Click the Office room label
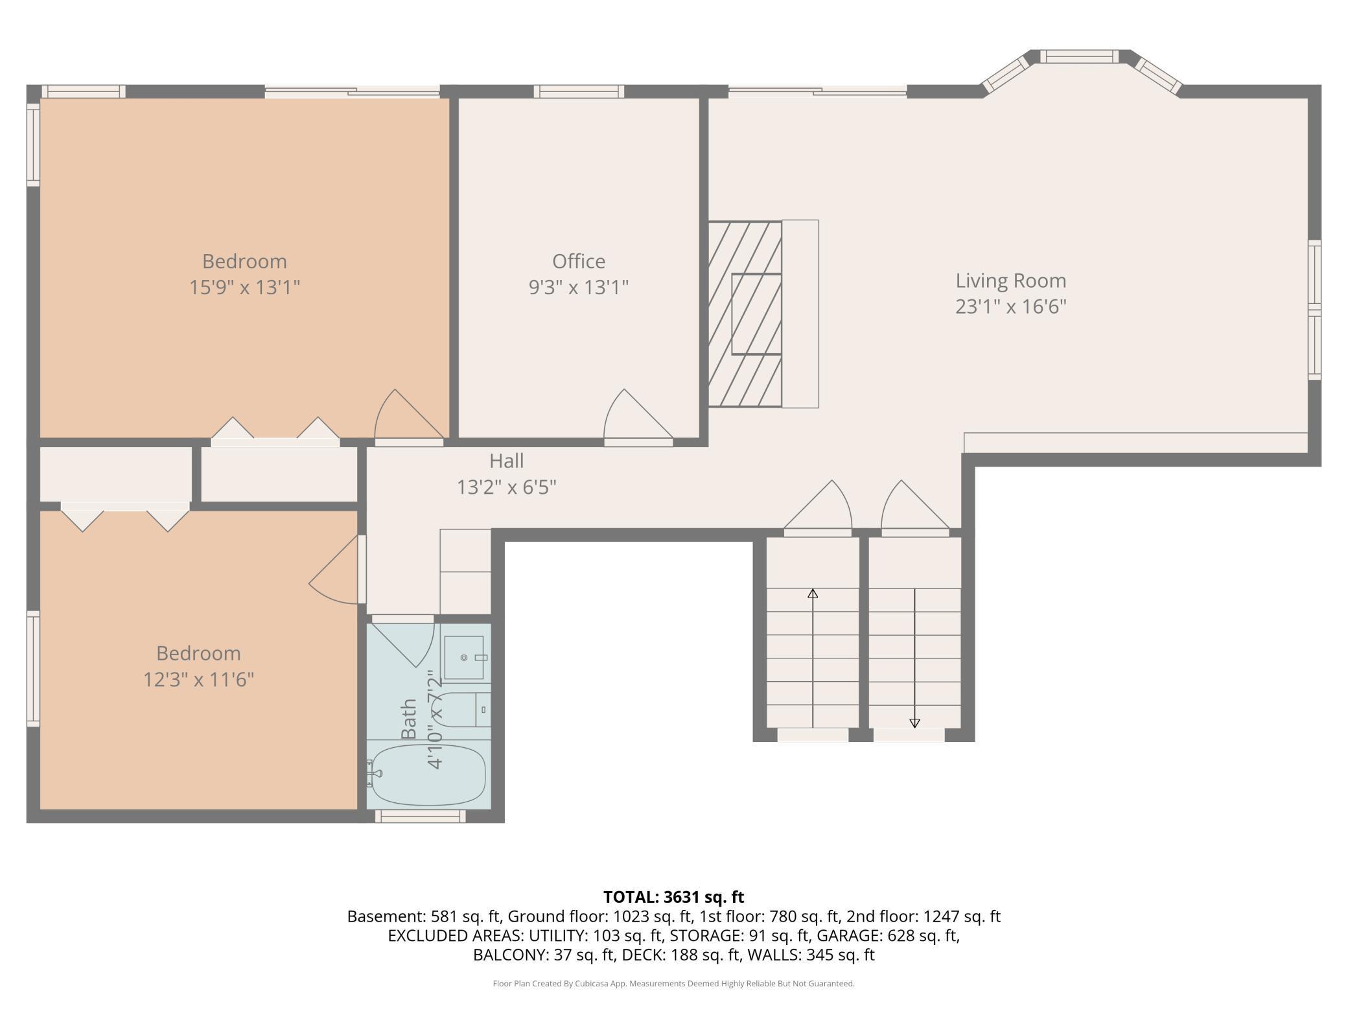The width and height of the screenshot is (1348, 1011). click(x=579, y=261)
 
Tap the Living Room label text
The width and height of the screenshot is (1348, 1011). click(x=1010, y=281)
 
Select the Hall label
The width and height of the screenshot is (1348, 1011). click(x=506, y=461)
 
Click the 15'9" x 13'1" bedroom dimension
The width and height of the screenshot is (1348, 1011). click(x=244, y=287)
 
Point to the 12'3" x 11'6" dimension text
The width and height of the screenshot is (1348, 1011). click(x=198, y=679)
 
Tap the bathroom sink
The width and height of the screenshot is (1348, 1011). click(x=464, y=658)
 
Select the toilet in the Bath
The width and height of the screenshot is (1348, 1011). click(x=461, y=709)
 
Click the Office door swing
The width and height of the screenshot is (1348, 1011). click(x=638, y=415)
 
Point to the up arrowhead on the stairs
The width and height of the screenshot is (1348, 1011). click(x=813, y=593)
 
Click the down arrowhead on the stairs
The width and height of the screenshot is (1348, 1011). click(x=914, y=723)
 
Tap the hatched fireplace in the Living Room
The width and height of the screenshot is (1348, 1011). click(x=745, y=314)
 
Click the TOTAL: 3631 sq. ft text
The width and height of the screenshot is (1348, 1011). click(x=673, y=897)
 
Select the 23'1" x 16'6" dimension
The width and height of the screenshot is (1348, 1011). click(x=1010, y=307)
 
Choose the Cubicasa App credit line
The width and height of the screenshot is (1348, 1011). click(x=673, y=984)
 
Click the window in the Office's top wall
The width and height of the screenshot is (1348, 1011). click(x=579, y=91)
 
